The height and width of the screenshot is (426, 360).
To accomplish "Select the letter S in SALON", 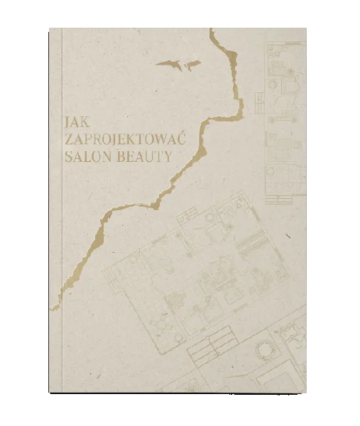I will tap(67, 157).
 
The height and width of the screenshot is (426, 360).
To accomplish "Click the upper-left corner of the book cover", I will tap(48, 24).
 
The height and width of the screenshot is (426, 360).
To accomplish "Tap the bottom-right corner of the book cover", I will tap(306, 395).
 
